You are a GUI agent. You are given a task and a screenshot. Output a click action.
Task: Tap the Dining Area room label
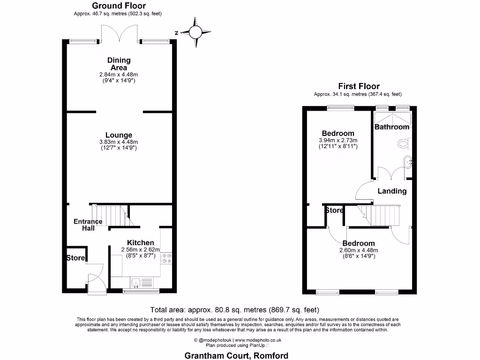[119, 64]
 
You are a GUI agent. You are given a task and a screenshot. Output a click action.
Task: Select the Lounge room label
[119, 135]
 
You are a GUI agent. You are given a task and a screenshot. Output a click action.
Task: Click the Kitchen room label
[141, 243]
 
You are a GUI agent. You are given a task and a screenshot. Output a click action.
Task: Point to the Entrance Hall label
[88, 225]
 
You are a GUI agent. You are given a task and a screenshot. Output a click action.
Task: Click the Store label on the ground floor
[75, 258]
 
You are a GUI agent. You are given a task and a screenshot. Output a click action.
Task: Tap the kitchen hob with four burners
[166, 258]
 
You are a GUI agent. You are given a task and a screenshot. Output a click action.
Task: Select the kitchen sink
[136, 282]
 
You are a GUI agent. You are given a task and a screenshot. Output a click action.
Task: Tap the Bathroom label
[392, 127]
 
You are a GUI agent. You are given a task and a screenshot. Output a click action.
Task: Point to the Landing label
[392, 191]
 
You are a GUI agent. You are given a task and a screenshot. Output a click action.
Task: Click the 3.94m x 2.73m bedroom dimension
[338, 140]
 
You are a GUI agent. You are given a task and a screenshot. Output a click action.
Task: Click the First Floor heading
[359, 86]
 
